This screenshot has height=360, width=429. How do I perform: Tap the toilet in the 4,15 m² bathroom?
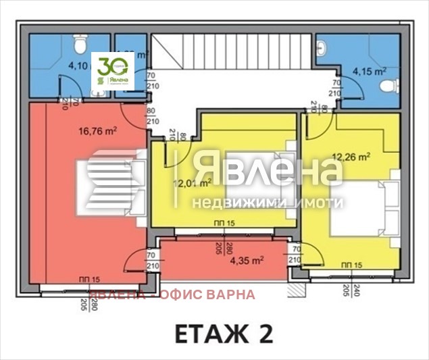pyautogui.click(x=387, y=86)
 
